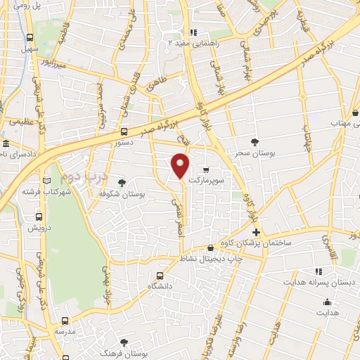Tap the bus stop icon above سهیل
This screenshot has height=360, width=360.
click(30, 38)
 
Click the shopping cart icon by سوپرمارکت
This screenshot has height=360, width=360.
click(205, 169)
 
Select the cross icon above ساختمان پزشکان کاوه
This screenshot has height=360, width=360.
click(256, 232)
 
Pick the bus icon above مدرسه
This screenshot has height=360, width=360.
click(64, 317)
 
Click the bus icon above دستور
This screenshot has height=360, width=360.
click(124, 131)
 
